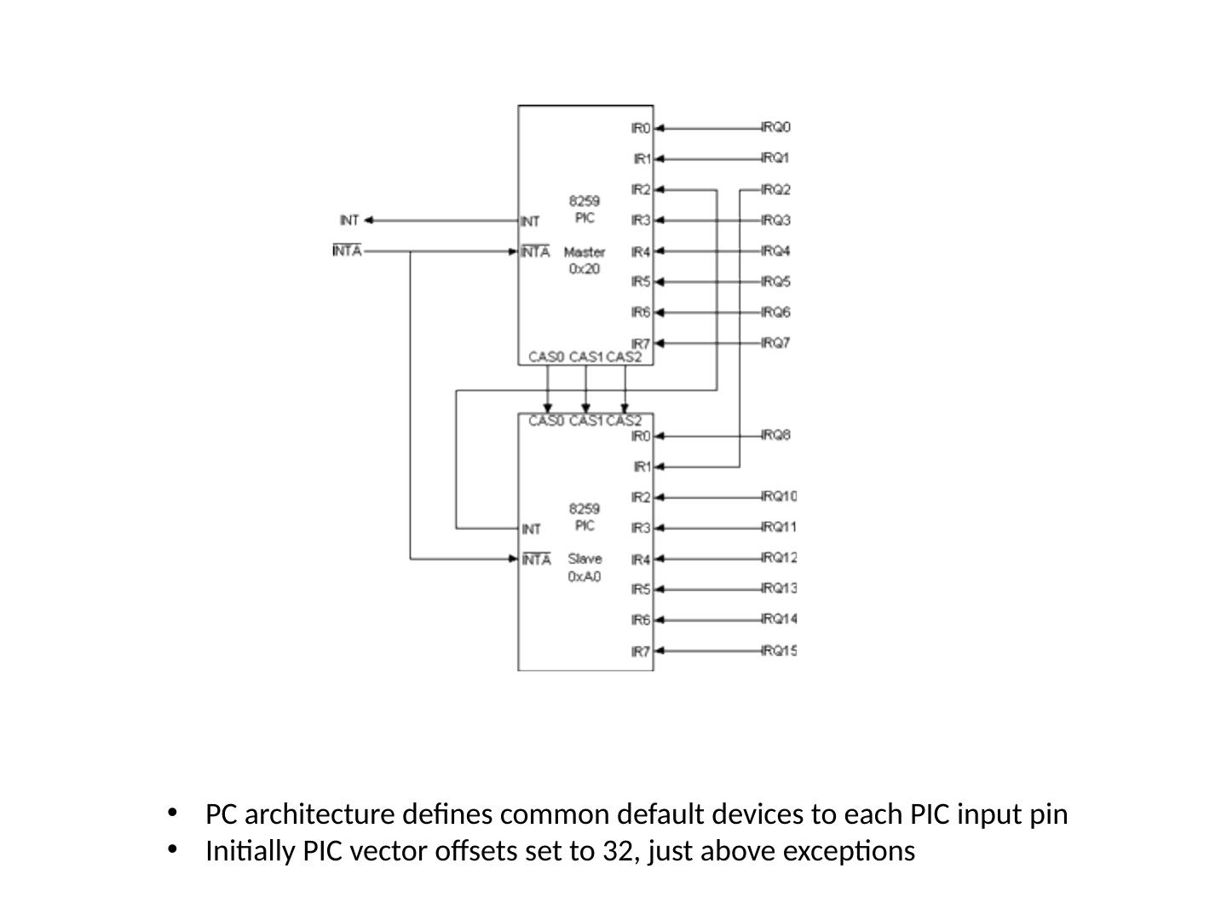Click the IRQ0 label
[776, 128]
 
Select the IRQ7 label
[776, 342]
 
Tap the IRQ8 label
[776, 435]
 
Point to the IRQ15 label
[780, 651]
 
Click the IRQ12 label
[780, 558]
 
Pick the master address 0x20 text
[585, 269]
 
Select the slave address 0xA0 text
[585, 576]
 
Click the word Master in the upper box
[585, 252]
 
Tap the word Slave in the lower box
[585, 559]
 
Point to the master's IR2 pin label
[641, 190]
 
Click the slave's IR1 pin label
[642, 466]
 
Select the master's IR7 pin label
[641, 344]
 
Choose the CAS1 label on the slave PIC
[586, 421]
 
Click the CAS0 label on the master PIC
[546, 356]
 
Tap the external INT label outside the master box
[349, 220]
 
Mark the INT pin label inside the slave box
[531, 529]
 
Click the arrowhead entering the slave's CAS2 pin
[625, 408]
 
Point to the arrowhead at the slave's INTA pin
[513, 559]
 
